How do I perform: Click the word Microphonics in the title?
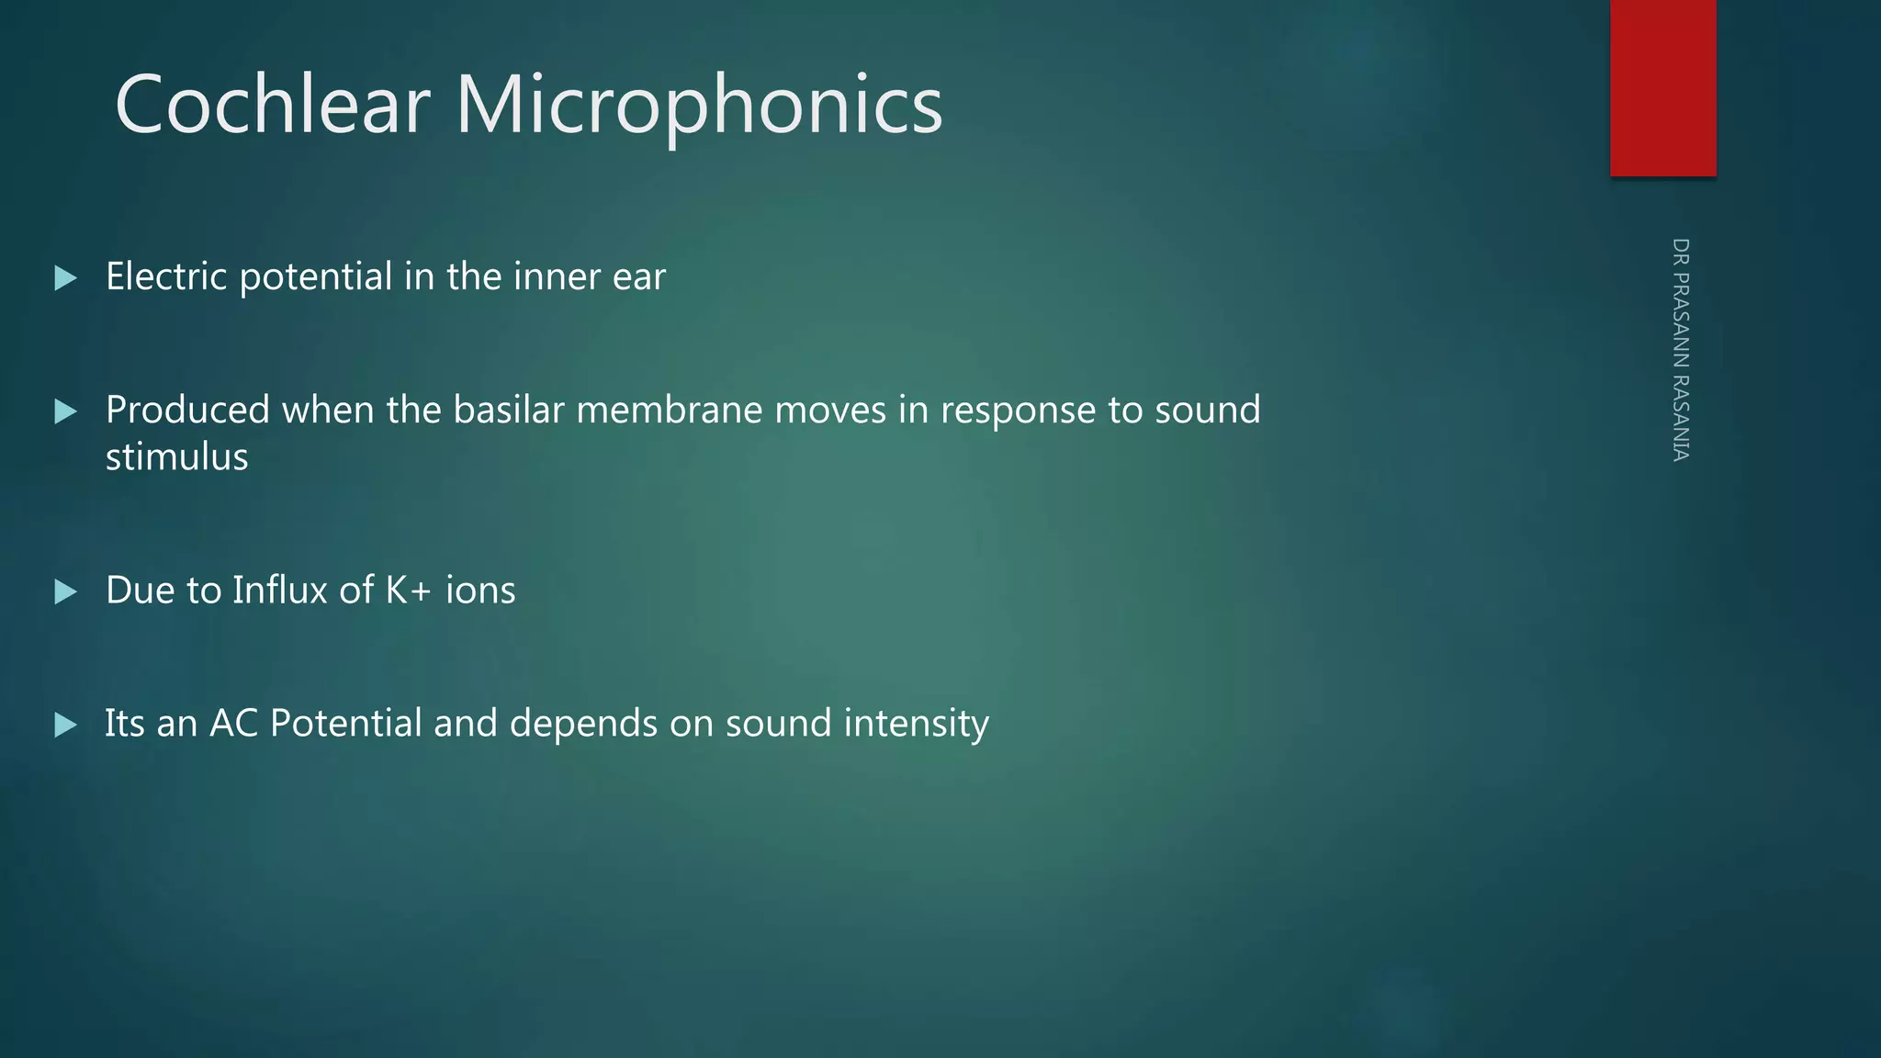tap(699, 107)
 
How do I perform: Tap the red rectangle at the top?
tap(1662, 88)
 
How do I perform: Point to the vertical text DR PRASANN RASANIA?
tap(1681, 350)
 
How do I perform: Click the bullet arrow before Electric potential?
tap(65, 278)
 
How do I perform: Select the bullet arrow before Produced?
tap(65, 411)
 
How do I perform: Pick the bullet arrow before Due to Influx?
tap(65, 591)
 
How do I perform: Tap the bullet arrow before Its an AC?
tap(65, 726)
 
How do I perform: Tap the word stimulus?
tap(176, 457)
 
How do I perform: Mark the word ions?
tap(480, 590)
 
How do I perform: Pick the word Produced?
tap(187, 410)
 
